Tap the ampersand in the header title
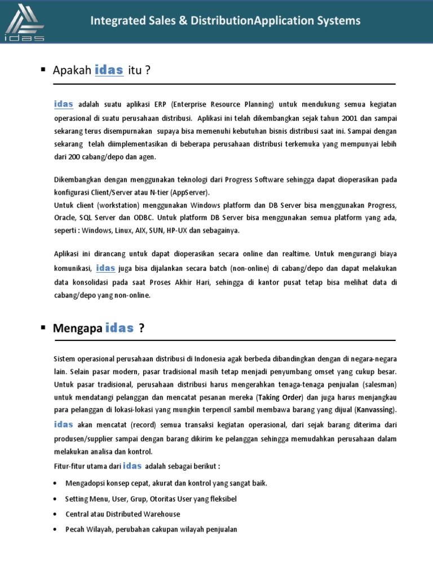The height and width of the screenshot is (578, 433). [182, 21]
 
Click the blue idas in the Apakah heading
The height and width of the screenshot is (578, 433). [109, 70]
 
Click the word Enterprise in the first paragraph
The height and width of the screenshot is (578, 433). [192, 105]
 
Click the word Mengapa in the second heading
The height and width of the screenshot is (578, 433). [78, 329]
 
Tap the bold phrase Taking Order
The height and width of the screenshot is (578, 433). [280, 397]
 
